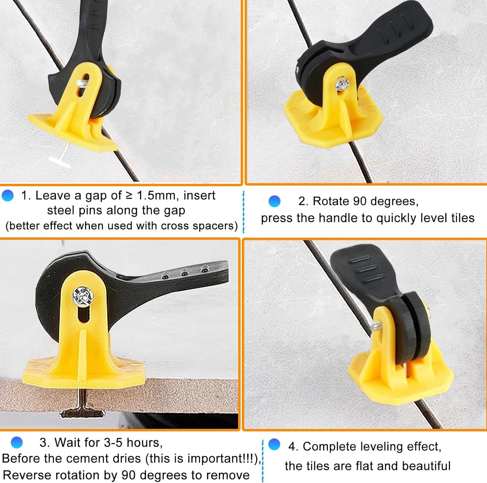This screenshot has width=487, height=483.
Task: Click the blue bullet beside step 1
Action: pyautogui.click(x=7, y=196)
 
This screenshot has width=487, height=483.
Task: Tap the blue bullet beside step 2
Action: pyautogui.click(x=274, y=201)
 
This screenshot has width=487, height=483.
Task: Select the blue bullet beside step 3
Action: pyautogui.click(x=17, y=442)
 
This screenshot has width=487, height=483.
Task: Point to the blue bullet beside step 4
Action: pyautogui.click(x=274, y=444)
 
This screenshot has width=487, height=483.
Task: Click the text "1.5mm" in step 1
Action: pyautogui.click(x=156, y=196)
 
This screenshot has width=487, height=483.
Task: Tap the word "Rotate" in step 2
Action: pyautogui.click(x=331, y=201)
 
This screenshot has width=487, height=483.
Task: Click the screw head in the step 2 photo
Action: pyautogui.click(x=342, y=84)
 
